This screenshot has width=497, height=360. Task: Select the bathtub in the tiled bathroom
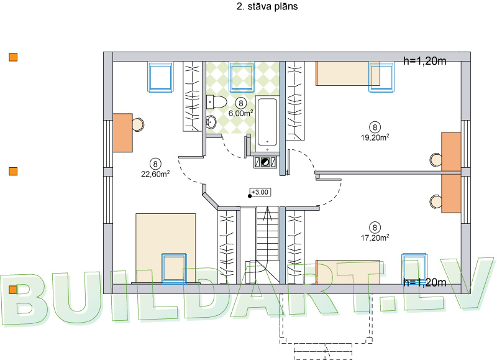tap(268, 122)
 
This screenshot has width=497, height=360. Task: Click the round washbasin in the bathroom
tap(211, 122)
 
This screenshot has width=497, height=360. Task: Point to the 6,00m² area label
tap(241, 113)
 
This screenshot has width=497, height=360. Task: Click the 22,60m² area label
tap(155, 174)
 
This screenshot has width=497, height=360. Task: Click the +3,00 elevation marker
tap(256, 193)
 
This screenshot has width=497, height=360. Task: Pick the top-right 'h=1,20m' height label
tap(425, 61)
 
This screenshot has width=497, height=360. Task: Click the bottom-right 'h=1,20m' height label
tap(425, 283)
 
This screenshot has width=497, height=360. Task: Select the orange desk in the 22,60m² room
tap(122, 132)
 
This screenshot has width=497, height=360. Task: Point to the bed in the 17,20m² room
tap(347, 272)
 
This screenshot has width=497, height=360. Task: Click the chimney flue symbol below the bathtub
tap(264, 162)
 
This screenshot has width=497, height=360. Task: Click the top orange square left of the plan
tap(12, 57)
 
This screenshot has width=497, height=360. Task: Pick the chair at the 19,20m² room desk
tap(435, 160)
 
